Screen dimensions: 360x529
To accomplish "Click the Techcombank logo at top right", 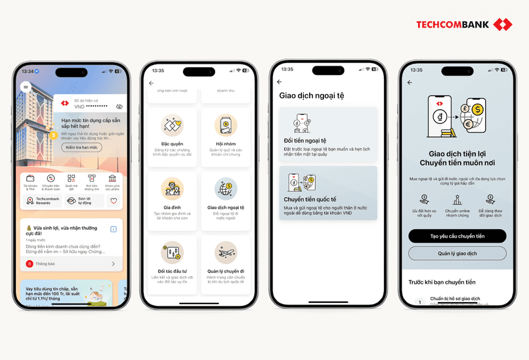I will [463, 25].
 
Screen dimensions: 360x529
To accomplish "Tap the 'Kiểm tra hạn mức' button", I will [82, 148].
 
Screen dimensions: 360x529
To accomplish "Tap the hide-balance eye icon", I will [119, 106].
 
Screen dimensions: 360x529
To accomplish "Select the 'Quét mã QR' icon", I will [72, 181].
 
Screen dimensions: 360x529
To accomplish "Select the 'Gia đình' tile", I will [172, 200].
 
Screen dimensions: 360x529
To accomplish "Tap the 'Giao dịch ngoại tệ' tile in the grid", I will [226, 200].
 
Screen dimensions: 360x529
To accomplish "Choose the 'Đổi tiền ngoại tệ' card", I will [328, 135].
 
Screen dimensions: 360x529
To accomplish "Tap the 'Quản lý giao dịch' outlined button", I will [457, 254].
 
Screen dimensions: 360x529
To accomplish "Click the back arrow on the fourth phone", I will [410, 83].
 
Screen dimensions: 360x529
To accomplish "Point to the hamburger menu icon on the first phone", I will [26, 86].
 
